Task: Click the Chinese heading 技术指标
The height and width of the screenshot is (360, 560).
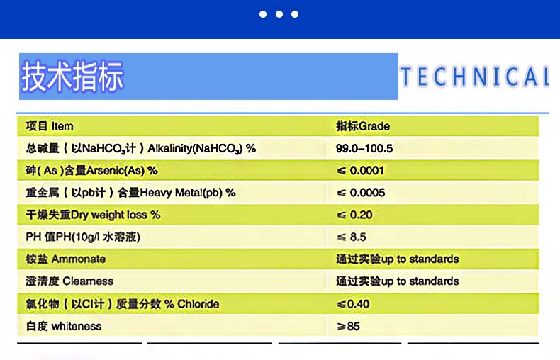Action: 72,76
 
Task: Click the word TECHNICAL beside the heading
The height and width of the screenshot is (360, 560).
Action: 475,77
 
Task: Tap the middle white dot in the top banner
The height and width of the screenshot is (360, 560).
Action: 279,14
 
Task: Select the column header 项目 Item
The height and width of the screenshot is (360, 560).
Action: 50,126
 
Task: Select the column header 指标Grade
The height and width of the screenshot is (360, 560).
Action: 362,126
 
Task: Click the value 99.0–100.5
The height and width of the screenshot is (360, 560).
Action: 364,148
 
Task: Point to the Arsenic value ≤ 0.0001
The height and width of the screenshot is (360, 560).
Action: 360,170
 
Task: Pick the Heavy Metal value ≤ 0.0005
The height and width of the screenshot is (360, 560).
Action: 361,193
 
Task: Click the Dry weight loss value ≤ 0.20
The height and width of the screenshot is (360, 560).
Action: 354,215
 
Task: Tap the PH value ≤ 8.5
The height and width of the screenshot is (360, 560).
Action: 352,237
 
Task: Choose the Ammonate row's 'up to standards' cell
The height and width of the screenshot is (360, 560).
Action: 397,259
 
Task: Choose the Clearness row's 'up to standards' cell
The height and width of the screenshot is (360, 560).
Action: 397,281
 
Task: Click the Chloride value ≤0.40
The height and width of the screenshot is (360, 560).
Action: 353,304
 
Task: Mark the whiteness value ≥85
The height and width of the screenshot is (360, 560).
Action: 348,326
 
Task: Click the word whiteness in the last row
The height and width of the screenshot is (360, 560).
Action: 77,326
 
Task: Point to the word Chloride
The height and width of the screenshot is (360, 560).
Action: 198,304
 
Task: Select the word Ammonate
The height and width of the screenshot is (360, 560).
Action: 79,259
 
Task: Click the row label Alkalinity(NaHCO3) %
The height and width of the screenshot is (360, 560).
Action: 202,149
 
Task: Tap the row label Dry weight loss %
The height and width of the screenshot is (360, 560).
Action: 116,215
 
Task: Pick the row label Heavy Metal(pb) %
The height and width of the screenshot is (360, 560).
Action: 188,193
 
